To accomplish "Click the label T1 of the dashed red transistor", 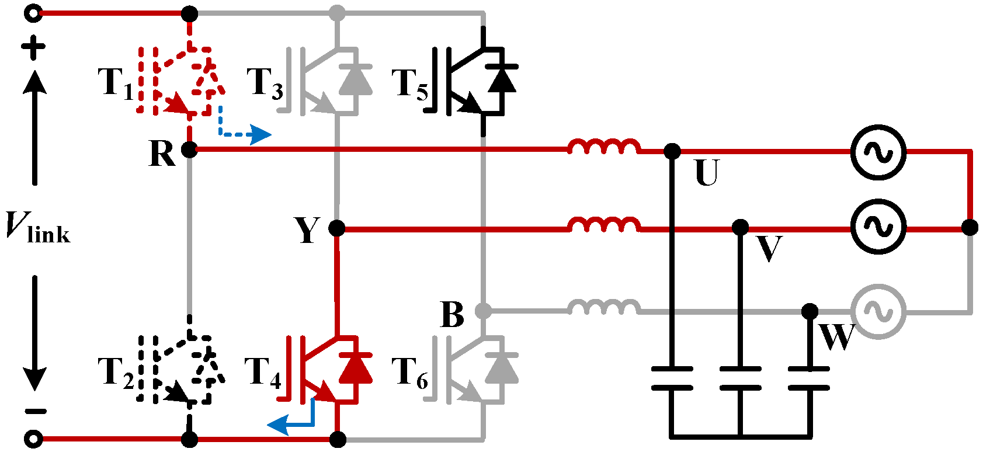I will (x=115, y=83).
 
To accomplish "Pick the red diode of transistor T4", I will (x=356, y=368).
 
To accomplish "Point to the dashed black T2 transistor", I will (x=181, y=369).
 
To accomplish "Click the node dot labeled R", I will (x=189, y=149).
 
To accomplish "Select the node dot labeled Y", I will (x=337, y=228).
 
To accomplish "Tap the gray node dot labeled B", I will (x=483, y=311).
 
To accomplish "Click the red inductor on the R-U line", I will (x=603, y=147).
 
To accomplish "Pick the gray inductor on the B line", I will (x=603, y=307).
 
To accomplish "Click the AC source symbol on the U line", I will (x=878, y=152).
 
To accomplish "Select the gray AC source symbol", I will (x=878, y=311).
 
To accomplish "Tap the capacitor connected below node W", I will (x=809, y=378).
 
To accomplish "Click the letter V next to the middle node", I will (x=769, y=249).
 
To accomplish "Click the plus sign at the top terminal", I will (x=34, y=48).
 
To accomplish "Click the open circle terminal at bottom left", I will (x=34, y=438).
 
